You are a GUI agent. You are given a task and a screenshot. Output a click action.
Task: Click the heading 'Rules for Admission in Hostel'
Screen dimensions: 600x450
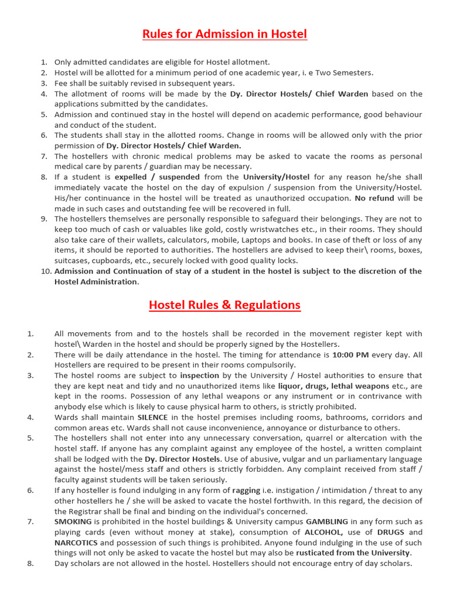tap(224, 34)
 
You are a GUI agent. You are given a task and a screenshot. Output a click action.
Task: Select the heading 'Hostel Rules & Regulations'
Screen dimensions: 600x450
tap(224, 305)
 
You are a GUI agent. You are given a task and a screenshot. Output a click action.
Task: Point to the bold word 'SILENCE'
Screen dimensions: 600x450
tap(152, 417)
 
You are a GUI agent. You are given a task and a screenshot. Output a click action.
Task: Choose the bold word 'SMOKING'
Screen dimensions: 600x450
tap(73, 521)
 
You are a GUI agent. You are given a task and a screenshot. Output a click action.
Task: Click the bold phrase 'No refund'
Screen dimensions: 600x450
tap(374, 198)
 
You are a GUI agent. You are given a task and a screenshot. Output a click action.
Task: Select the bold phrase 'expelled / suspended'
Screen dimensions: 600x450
tap(157, 177)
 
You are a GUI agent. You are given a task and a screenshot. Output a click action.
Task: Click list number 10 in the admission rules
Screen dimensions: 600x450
tap(46, 271)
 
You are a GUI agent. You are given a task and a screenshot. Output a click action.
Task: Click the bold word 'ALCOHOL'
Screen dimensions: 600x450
tap(323, 532)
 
